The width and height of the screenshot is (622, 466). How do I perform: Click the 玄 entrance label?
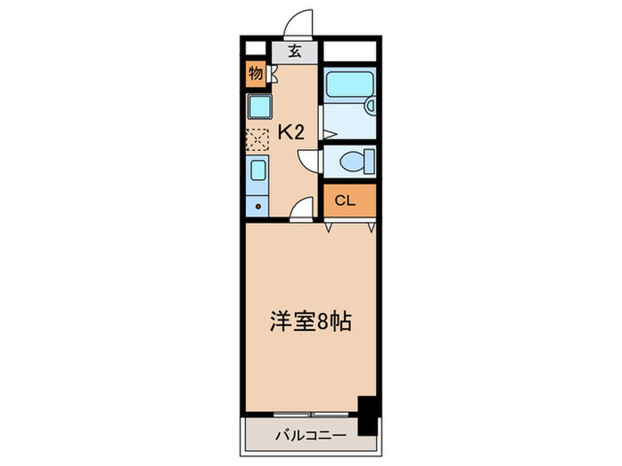295,50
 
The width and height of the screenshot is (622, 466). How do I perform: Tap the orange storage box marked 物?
256,74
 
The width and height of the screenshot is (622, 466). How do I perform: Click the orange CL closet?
348,201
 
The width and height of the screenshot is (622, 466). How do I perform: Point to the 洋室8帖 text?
310,321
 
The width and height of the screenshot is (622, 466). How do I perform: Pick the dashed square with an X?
257,140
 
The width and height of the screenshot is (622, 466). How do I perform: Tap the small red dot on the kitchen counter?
259,208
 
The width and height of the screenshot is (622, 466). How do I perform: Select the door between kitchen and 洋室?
303,209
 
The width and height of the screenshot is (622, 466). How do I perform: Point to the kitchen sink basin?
257,170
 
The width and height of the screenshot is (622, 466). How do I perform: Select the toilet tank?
369,162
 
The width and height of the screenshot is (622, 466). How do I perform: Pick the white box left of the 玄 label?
256,50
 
